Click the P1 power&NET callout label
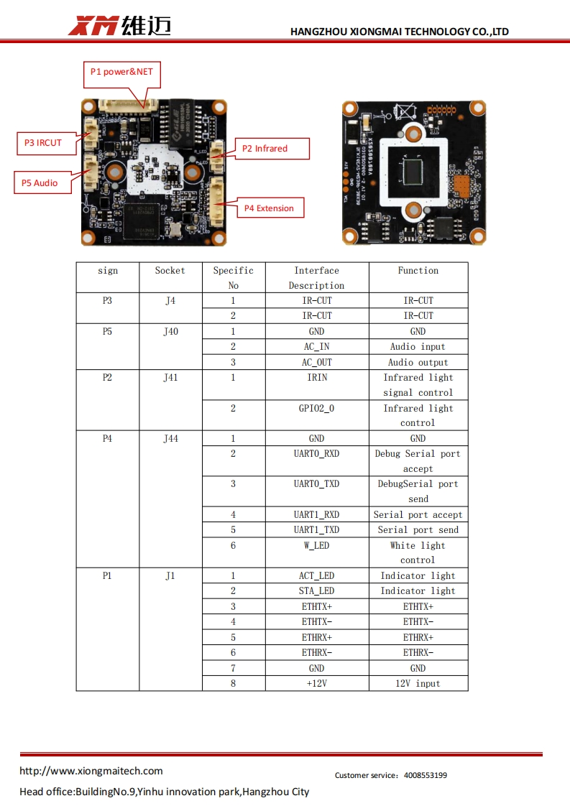pos(121,72)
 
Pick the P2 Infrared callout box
pos(270,149)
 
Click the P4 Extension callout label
pos(268,208)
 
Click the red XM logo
pos(93,27)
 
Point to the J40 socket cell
pos(170,332)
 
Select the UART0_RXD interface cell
pos(316,454)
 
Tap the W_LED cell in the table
pos(316,545)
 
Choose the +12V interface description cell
pos(316,683)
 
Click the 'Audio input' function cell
pos(418,347)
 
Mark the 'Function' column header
pos(418,271)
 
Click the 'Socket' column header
pos(170,271)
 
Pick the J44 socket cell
pos(170,438)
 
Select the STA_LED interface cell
pos(316,591)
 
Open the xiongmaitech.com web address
pos(91,771)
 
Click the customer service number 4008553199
pos(426,775)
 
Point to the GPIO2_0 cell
pos(316,408)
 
